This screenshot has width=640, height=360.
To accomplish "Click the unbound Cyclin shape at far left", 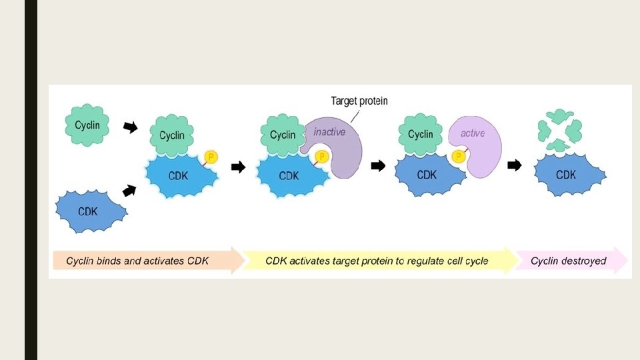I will pos(87,125).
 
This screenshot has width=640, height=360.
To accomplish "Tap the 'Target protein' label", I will pos(359,101).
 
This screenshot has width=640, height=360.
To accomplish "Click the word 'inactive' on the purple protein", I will pos(330,132).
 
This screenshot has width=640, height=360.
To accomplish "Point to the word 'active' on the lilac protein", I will pos(473,133).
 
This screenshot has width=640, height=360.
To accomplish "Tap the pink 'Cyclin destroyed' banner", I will pos(569,261).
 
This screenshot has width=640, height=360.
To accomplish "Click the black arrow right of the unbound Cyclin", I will pos(131,126).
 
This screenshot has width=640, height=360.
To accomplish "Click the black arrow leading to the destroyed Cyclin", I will pos(514,165).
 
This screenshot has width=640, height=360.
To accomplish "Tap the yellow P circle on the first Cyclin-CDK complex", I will pos(211,157).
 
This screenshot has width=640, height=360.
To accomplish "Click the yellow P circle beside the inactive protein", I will pos(321,157).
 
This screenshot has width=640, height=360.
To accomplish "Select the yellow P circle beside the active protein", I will pos(459,157).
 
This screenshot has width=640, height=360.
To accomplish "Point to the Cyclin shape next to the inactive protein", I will pos(283,135).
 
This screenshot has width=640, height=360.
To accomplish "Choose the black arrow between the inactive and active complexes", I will pos(378,166).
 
